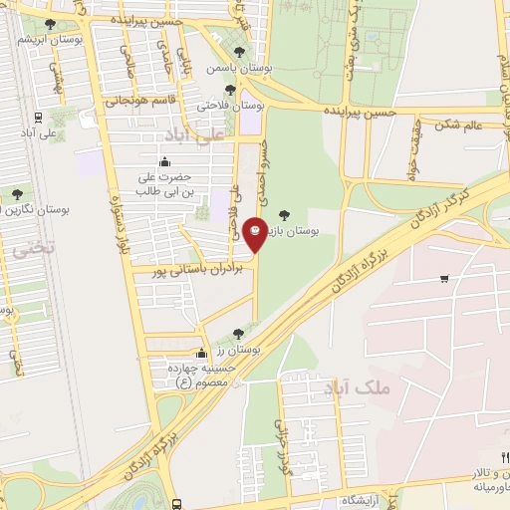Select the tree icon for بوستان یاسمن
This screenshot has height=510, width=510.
point(238,53)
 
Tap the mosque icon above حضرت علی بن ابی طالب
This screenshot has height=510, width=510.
point(165,162)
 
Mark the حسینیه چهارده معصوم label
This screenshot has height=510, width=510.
point(201,375)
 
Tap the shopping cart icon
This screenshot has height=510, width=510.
point(443,280)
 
